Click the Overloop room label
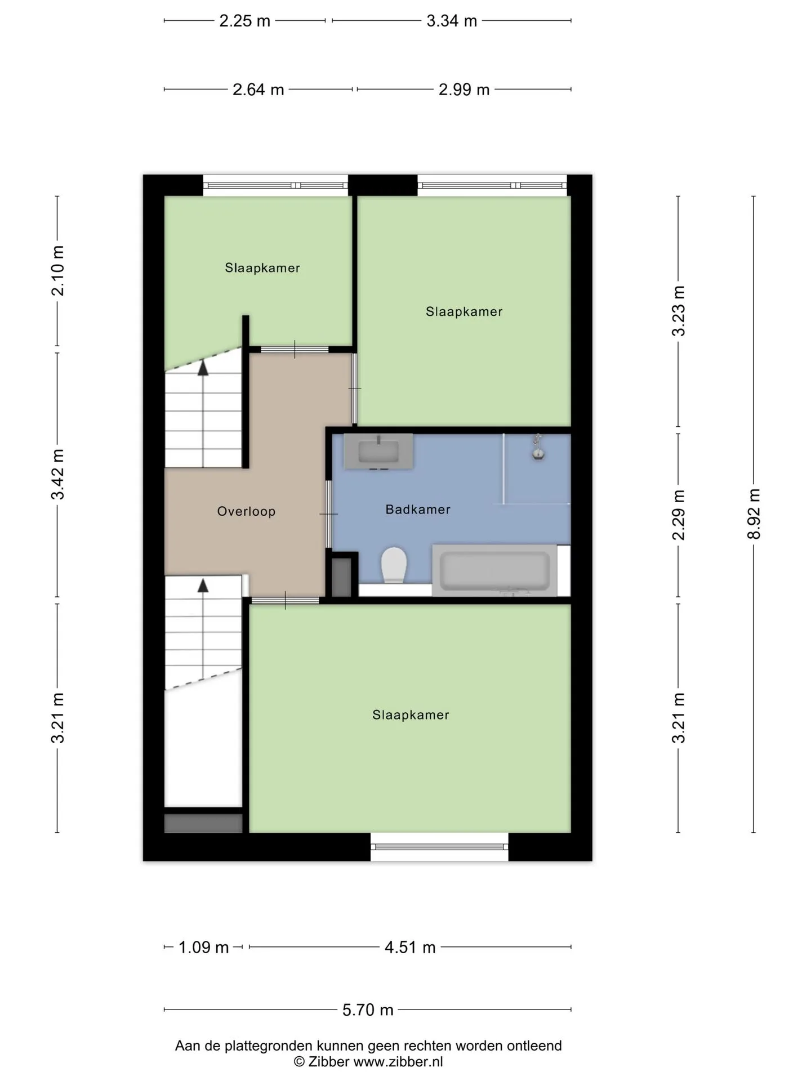tap(246, 511)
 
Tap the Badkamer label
tap(418, 510)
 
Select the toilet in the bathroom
tap(394, 565)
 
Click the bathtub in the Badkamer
tap(494, 570)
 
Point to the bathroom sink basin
tap(378, 451)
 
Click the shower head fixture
tap(538, 448)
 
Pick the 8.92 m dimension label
tap(754, 514)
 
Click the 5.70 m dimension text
tap(368, 1009)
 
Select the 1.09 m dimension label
tap(203, 948)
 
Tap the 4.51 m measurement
tap(410, 948)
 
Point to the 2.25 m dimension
tap(244, 21)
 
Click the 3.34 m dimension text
tap(452, 21)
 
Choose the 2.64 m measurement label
tap(259, 90)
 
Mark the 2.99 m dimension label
tap(464, 90)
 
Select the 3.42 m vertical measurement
tap(57, 475)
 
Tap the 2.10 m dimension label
tap(57, 271)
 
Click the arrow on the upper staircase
tap(203, 368)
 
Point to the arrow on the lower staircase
tap(203, 585)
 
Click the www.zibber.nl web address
tap(398, 1062)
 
